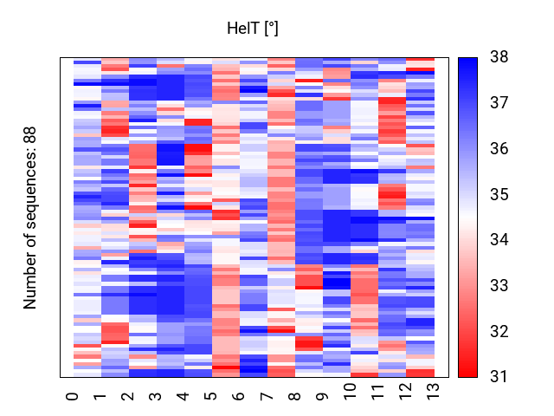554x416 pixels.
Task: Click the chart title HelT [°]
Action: coord(253,29)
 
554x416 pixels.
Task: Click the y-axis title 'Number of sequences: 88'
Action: coord(30,218)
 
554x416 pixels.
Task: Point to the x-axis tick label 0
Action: coord(73,396)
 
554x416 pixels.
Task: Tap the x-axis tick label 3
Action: coord(156,396)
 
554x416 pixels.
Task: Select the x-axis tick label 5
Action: coord(211,396)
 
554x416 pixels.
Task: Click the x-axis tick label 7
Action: coord(267,396)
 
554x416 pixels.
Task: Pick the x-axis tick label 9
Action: coord(322,396)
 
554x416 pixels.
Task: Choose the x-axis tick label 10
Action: coord(350,391)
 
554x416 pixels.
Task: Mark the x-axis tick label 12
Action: coord(405,391)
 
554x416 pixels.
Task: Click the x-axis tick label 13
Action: coord(433,391)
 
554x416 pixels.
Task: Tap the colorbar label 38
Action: coord(499,56)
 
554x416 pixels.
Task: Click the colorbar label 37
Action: coord(499,102)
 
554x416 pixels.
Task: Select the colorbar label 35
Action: coord(499,194)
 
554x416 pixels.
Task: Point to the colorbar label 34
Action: coord(499,239)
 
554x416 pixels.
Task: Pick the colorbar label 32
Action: coord(499,331)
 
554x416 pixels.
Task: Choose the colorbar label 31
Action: coord(499,376)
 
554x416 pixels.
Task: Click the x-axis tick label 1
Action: coord(100,396)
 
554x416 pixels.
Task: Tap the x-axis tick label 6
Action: coord(239,396)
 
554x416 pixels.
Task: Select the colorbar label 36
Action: coord(499,148)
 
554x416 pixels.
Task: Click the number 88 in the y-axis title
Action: coord(30,135)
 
